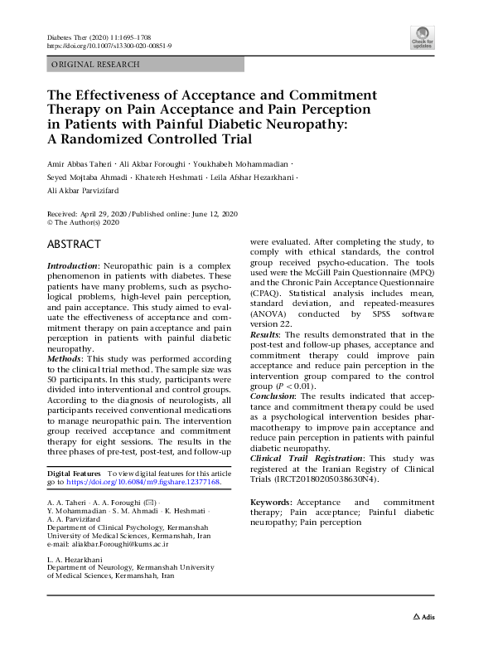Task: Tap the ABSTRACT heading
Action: pos(74,245)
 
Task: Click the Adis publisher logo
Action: pos(423,617)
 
